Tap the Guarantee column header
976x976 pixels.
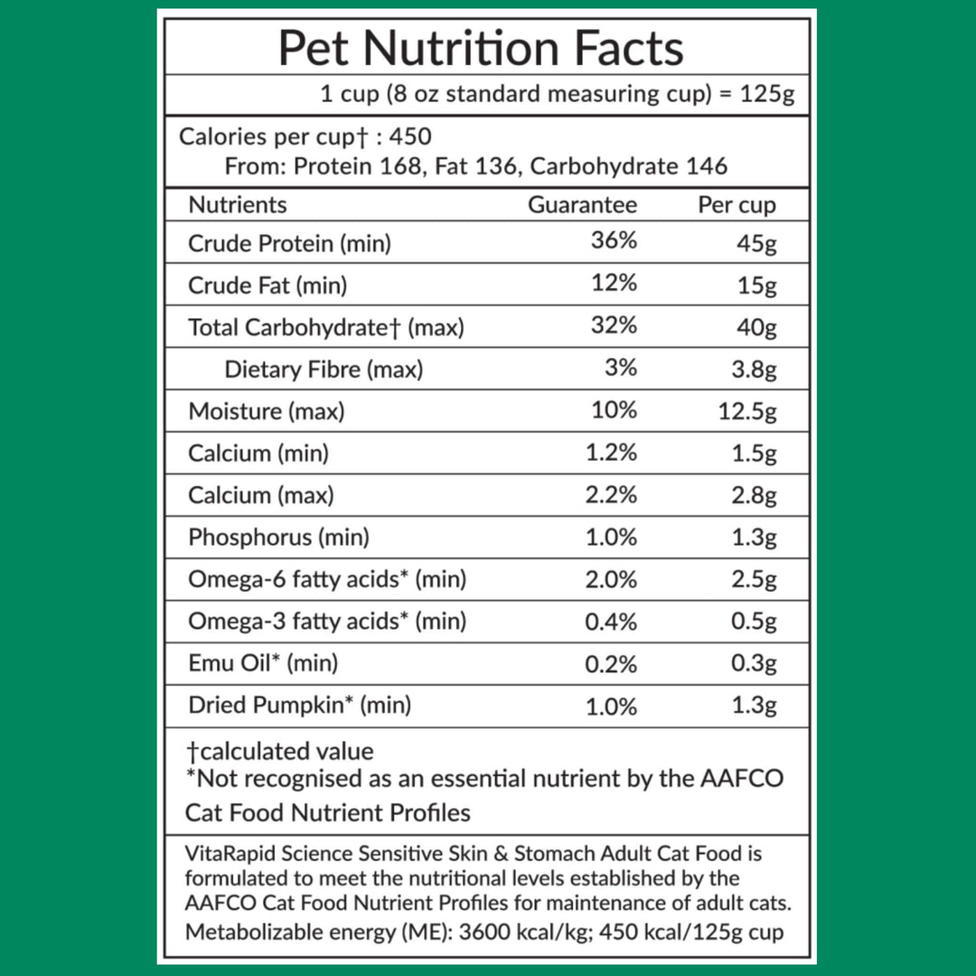click(x=582, y=205)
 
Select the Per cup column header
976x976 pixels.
click(x=737, y=205)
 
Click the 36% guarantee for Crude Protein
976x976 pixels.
click(x=614, y=241)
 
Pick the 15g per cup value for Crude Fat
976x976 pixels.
click(x=756, y=286)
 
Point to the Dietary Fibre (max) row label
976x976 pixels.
click(x=324, y=369)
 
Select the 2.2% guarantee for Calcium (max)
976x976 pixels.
click(x=611, y=495)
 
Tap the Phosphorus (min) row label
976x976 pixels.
click(x=278, y=537)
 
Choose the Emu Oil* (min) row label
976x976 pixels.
click(x=263, y=663)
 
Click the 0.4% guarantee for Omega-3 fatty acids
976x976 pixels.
click(x=611, y=622)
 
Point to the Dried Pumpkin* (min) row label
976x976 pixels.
click(x=299, y=705)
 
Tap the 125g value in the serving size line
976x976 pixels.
click(x=769, y=95)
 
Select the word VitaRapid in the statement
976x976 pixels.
click(x=229, y=853)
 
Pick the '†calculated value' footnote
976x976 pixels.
click(x=279, y=751)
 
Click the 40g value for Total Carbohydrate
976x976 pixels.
click(x=756, y=327)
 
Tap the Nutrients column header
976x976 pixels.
click(x=237, y=205)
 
